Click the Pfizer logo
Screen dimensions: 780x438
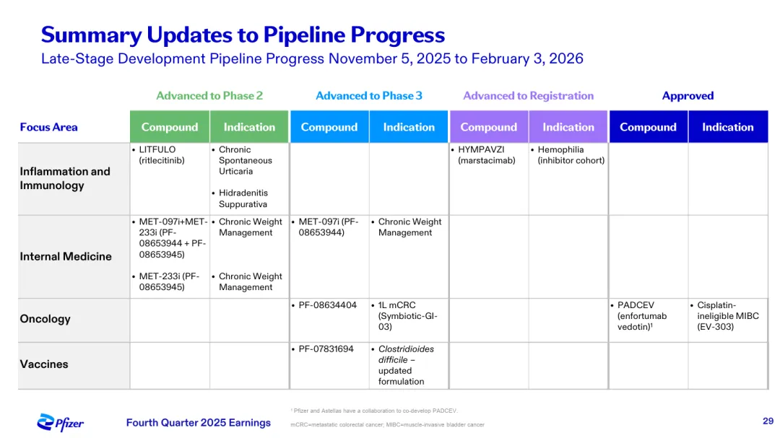click(x=60, y=423)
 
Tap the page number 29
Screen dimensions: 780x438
click(x=768, y=421)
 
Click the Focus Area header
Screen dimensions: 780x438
click(x=49, y=127)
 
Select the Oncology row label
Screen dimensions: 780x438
click(x=45, y=319)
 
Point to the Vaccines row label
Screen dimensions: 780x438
click(x=44, y=364)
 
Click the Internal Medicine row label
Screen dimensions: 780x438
click(x=66, y=257)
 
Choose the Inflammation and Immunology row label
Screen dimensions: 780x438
click(x=65, y=178)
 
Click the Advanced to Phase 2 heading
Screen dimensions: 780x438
click(x=209, y=95)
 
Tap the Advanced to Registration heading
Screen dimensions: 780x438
click(x=528, y=95)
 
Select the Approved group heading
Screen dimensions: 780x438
click(x=688, y=95)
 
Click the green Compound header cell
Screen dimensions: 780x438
click(x=170, y=127)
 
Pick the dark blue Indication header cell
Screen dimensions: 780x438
click(x=728, y=127)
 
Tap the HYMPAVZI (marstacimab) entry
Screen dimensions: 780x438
click(x=484, y=155)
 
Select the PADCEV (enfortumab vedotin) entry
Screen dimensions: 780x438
click(x=639, y=316)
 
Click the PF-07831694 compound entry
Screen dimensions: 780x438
click(x=324, y=349)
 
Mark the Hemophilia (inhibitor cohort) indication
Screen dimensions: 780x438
click(x=568, y=155)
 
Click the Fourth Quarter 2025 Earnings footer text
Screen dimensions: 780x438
click(x=199, y=423)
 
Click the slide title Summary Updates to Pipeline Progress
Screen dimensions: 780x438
click(x=243, y=35)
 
